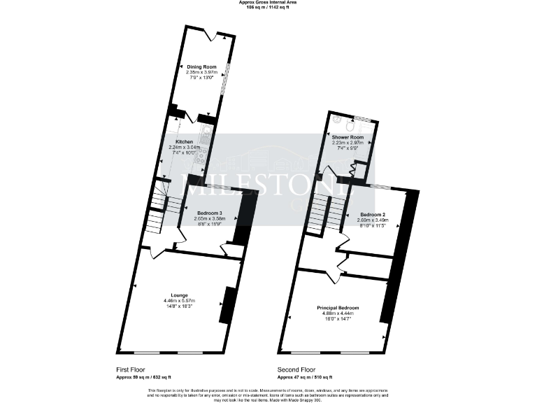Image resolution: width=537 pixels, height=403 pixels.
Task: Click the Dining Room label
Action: pyautogui.click(x=201, y=66)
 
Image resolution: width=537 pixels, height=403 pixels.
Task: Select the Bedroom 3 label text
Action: pyautogui.click(x=209, y=213)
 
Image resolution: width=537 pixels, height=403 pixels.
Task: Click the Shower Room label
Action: pyautogui.click(x=348, y=137)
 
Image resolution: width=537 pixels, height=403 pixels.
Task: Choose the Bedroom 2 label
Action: pyautogui.click(x=373, y=213)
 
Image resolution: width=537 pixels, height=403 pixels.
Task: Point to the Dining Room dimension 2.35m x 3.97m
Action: pyautogui.click(x=201, y=72)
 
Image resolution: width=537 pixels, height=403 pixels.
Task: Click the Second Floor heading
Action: pyautogui.click(x=296, y=369)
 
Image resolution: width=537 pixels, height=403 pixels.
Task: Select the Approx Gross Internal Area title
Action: pyautogui.click(x=268, y=3)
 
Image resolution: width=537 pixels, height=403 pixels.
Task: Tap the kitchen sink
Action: pyautogui.click(x=206, y=133)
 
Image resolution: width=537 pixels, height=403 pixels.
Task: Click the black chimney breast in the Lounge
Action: pyautogui.click(x=226, y=305)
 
